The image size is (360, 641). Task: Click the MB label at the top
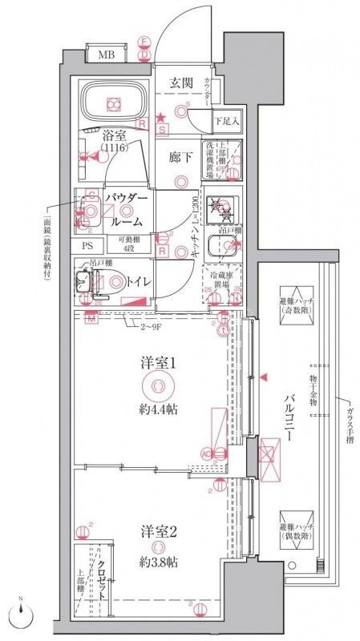click(x=105, y=55)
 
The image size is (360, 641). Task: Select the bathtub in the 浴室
click(x=114, y=103)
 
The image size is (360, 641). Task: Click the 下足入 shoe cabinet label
click(x=227, y=122)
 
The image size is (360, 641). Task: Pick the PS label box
click(x=87, y=247)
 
